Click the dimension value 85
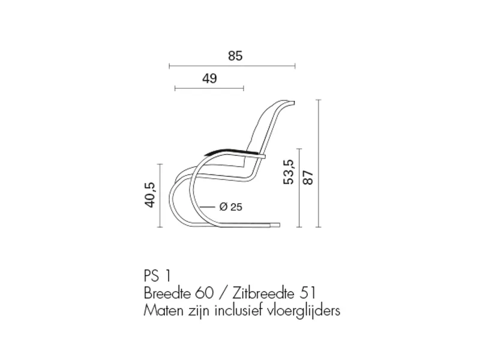coord(235,56)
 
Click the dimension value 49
coord(209,79)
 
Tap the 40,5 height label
coord(151,194)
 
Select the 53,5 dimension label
coord(289,172)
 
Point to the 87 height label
coord(308,178)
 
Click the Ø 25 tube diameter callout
coord(231,207)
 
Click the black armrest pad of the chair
coord(233,151)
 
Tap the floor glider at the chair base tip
coord(275,226)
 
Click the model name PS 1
coord(157,275)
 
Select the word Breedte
coord(167,293)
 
